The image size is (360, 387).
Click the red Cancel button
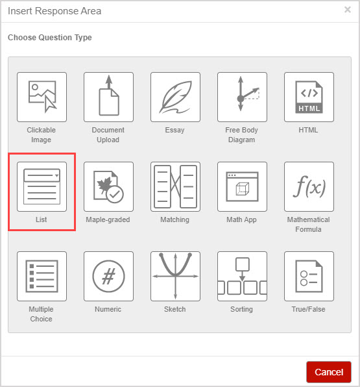329,372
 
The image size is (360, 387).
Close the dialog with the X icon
348,10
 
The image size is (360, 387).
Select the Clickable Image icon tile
42,97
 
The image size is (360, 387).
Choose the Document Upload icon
108,97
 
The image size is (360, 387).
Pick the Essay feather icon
175,97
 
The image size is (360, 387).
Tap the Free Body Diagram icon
242,97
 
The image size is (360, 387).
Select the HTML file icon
309,97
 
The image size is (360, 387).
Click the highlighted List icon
42,186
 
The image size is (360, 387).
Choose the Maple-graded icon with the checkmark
108,186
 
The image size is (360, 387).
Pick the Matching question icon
175,186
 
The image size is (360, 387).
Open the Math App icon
242,186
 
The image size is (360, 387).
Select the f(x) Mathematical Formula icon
309,186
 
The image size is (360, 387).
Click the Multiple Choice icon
42,276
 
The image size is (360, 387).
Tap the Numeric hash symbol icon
108,276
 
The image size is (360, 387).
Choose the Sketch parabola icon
175,276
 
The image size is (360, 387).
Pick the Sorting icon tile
242,276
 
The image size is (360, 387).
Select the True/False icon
309,276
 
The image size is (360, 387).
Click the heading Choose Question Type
50,38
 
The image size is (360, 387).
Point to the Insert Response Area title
54,11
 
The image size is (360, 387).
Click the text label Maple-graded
108,219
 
